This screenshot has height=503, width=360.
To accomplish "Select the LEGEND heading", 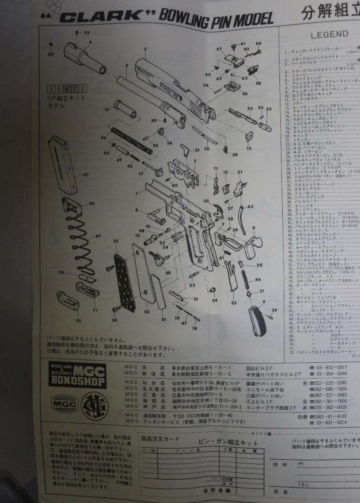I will [x=329, y=34].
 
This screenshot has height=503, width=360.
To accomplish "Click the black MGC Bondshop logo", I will [x=77, y=374].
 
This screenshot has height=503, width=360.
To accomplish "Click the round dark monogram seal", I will [x=95, y=405].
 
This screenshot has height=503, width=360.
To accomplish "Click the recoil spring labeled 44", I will [x=131, y=141].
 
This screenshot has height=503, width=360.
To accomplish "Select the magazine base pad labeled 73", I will [x=68, y=300].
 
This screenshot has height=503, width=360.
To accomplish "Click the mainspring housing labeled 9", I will [x=257, y=320].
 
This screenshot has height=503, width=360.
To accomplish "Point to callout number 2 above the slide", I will [x=145, y=49].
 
